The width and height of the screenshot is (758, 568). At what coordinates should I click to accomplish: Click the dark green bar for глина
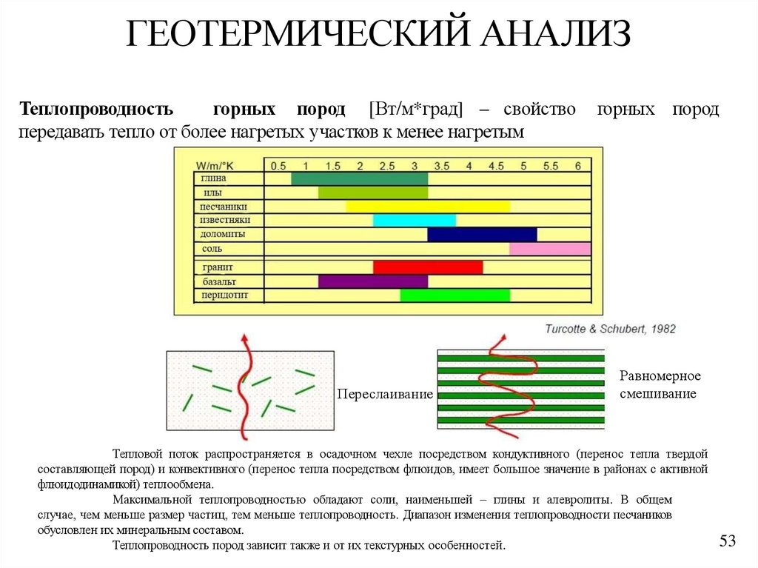(x=359, y=178)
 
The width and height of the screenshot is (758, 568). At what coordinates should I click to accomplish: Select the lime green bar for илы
(x=373, y=193)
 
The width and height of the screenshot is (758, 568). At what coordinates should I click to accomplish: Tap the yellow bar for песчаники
(x=428, y=207)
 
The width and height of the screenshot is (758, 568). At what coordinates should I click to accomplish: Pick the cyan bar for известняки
(x=414, y=220)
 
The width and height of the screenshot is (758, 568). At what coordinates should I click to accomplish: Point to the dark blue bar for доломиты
(x=482, y=234)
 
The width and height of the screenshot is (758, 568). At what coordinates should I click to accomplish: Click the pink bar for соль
(x=550, y=249)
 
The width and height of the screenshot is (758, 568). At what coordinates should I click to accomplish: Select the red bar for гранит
(x=428, y=267)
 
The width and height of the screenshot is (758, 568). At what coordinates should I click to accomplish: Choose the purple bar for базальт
(x=373, y=281)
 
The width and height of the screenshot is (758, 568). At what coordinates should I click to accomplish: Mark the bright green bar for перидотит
(x=455, y=295)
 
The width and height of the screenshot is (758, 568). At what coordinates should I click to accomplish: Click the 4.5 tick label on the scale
(x=496, y=165)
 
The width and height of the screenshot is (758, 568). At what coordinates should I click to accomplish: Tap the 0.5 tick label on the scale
(x=278, y=165)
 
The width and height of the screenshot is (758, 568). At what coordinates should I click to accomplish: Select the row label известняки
(x=225, y=220)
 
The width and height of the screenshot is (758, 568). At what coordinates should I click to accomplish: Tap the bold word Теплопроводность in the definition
(x=97, y=110)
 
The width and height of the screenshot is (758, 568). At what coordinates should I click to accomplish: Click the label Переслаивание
(x=384, y=394)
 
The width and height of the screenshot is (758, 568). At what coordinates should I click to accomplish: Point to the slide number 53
(x=728, y=541)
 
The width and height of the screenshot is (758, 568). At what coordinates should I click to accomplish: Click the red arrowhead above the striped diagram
(x=503, y=338)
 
